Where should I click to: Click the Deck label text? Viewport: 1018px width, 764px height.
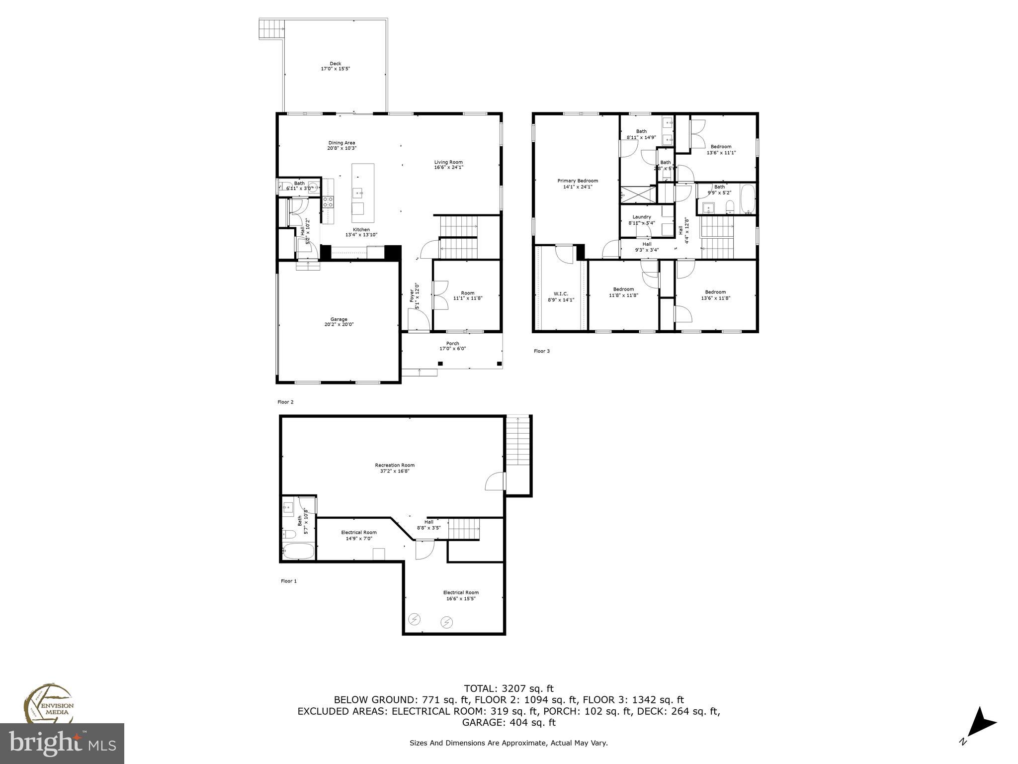tap(335, 64)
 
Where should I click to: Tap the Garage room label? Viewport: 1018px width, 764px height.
tap(339, 319)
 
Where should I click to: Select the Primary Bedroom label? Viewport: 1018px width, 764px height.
tap(577, 181)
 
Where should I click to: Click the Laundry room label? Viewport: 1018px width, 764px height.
tap(641, 217)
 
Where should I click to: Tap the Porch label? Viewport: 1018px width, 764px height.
tap(452, 343)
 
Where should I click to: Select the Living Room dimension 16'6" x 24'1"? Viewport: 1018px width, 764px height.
tap(448, 168)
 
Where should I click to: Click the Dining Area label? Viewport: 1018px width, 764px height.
tap(341, 143)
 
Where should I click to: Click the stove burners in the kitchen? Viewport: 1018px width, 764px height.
tap(328, 201)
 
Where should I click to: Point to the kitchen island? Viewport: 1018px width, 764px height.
tap(363, 192)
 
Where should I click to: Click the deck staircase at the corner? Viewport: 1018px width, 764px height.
tap(271, 29)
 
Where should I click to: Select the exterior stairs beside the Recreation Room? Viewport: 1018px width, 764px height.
tap(518, 440)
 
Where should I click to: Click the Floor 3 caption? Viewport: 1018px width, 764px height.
tap(541, 351)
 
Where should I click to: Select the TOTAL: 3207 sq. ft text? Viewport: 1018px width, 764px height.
tap(509, 689)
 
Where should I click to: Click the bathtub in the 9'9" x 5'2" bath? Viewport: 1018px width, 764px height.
tap(747, 199)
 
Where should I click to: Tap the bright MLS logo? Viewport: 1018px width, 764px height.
tap(62, 743)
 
